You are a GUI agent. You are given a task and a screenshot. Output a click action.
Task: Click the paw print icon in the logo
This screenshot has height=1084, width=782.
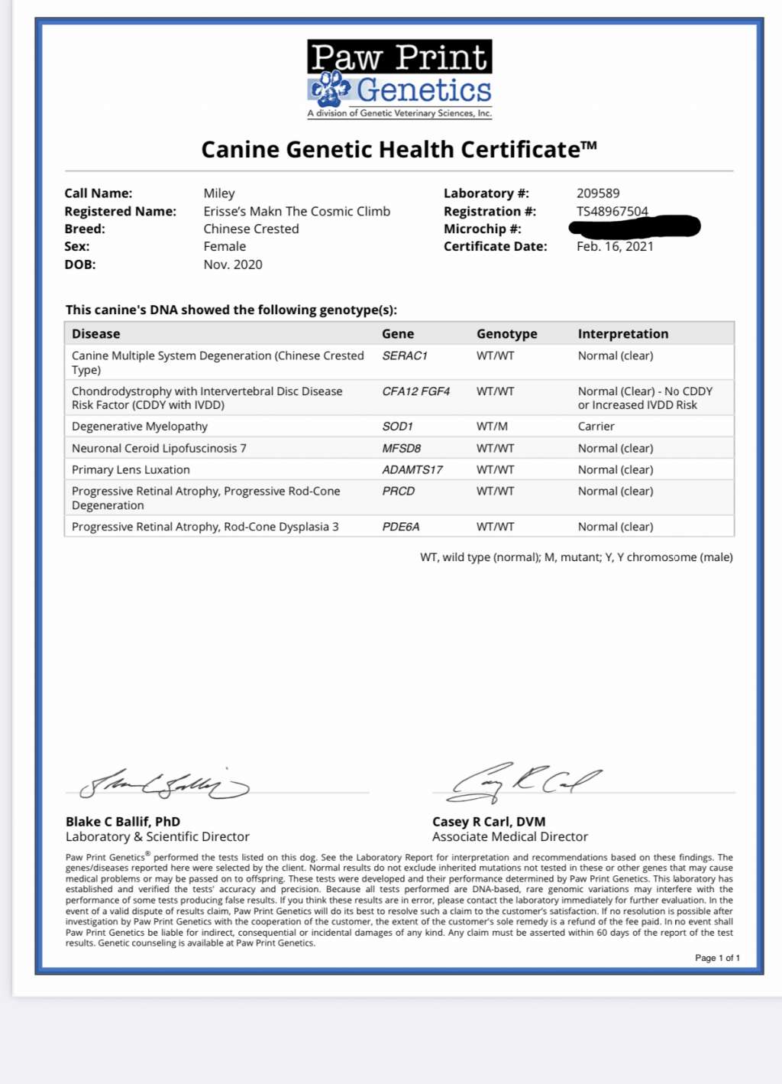pyautogui.click(x=330, y=89)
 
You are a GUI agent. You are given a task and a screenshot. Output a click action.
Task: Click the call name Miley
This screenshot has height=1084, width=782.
pyautogui.click(x=219, y=193)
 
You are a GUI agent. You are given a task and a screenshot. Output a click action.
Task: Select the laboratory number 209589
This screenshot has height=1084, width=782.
pyautogui.click(x=598, y=193)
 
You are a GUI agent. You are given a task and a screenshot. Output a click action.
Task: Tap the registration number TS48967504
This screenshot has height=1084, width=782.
pyautogui.click(x=612, y=211)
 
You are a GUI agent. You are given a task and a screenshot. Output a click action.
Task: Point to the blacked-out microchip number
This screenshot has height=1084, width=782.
pyautogui.click(x=635, y=226)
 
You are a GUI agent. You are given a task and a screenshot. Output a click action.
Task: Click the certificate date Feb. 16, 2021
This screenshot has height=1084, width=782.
pyautogui.click(x=615, y=246)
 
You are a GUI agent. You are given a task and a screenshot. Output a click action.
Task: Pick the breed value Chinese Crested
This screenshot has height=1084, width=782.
pyautogui.click(x=250, y=229)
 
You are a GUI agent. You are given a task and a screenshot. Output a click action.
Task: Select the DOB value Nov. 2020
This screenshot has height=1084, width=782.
pyautogui.click(x=232, y=265)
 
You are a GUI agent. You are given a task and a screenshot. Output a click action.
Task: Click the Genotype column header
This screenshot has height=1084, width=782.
pyautogui.click(x=506, y=334)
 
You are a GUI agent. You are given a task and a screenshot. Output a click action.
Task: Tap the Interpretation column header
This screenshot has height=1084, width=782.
pyautogui.click(x=622, y=334)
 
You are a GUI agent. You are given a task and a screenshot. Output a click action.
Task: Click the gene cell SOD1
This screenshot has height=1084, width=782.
pyautogui.click(x=397, y=427)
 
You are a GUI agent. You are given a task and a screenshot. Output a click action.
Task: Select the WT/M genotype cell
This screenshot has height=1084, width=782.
pyautogui.click(x=492, y=427)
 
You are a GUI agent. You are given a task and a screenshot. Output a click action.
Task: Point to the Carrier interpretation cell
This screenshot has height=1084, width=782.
pyautogui.click(x=596, y=427)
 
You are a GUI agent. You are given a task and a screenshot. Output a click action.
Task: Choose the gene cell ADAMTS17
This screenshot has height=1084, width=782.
pyautogui.click(x=412, y=470)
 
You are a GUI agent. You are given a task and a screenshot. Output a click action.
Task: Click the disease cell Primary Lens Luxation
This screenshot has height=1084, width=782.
pyautogui.click(x=131, y=470)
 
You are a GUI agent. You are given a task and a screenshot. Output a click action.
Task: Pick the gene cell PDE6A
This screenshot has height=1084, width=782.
pyautogui.click(x=401, y=527)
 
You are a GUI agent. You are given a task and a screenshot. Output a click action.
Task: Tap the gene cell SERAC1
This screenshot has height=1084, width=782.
pyautogui.click(x=405, y=356)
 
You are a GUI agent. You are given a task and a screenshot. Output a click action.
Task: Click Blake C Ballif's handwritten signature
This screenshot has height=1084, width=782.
pyautogui.click(x=164, y=784)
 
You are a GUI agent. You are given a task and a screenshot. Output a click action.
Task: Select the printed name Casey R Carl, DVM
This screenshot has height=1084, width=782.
pyautogui.click(x=489, y=822)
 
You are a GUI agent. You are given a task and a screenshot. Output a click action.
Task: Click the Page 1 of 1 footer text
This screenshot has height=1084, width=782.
pyautogui.click(x=717, y=958)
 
